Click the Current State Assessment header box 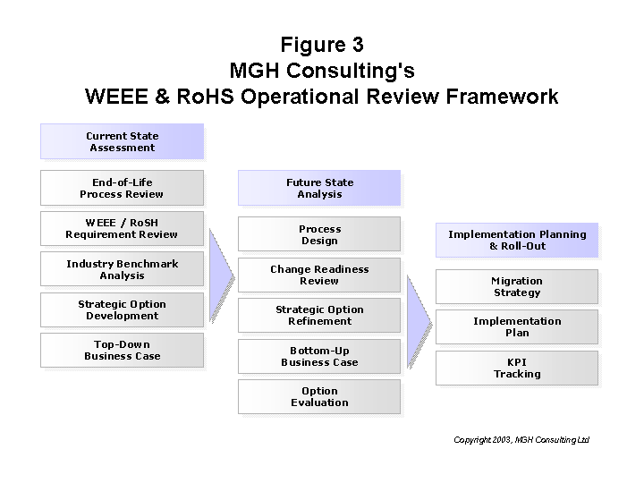[122, 141]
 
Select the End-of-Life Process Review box [122, 188]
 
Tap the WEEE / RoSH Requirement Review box [122, 228]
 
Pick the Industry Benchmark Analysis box [122, 269]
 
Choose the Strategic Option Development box [122, 309]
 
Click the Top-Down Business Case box [122, 350]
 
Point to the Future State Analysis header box [319, 188]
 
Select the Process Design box [319, 234]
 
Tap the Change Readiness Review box [319, 275]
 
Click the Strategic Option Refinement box [319, 315]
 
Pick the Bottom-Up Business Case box [319, 356]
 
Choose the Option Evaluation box [319, 396]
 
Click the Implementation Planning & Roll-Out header [517, 240]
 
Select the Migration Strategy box [517, 286]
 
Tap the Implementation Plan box [517, 326]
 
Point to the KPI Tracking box [517, 368]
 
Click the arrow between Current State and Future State [221, 275]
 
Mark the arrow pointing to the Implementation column [419, 322]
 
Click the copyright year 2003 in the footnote [502, 440]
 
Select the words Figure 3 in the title [322, 45]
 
